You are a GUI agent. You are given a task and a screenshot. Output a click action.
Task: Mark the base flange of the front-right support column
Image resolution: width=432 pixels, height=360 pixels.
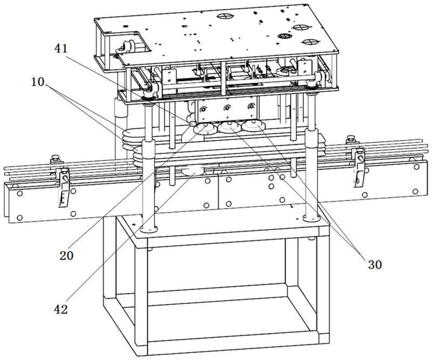pos(312,218)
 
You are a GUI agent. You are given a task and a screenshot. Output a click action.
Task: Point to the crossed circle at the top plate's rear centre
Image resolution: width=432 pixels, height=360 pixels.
pos(224,16)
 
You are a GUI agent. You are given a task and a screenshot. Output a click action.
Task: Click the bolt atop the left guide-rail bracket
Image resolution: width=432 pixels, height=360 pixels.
pos(55,159)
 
